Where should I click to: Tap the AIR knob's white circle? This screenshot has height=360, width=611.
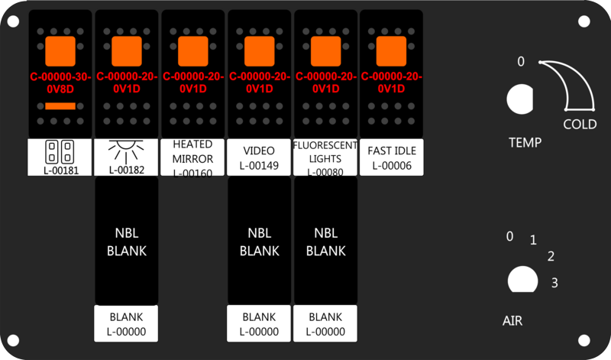(522, 280)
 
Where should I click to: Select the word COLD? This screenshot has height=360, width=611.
(580, 125)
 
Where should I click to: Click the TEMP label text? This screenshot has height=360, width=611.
(525, 142)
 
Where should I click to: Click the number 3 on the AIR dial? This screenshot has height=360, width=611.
(554, 283)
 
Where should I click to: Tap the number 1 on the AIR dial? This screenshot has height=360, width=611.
(533, 241)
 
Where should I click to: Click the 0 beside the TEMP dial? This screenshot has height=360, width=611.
(521, 62)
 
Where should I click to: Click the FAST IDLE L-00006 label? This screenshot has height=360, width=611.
(392, 157)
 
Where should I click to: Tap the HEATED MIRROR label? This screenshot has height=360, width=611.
(193, 157)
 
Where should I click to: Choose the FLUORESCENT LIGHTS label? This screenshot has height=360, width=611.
(326, 157)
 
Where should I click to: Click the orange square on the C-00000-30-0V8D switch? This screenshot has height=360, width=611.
(60, 50)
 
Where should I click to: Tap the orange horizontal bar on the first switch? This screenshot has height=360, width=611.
(60, 105)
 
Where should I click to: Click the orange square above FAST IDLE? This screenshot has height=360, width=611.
(391, 50)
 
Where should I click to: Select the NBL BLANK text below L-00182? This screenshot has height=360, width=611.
(125, 242)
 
